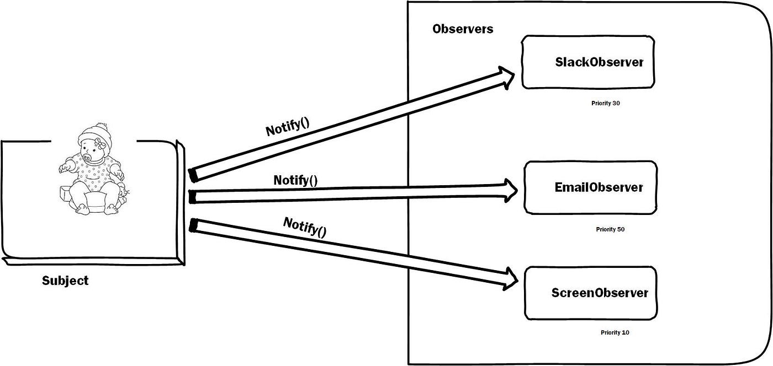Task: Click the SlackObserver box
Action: [588, 62]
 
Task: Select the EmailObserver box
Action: [590, 187]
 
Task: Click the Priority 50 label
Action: [610, 229]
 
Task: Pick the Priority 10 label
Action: [615, 332]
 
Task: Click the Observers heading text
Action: [463, 29]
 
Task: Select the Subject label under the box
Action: [65, 281]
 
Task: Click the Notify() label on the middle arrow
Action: [295, 180]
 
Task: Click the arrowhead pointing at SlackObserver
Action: [507, 77]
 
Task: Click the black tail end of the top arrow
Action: [193, 174]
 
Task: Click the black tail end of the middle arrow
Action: [193, 197]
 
